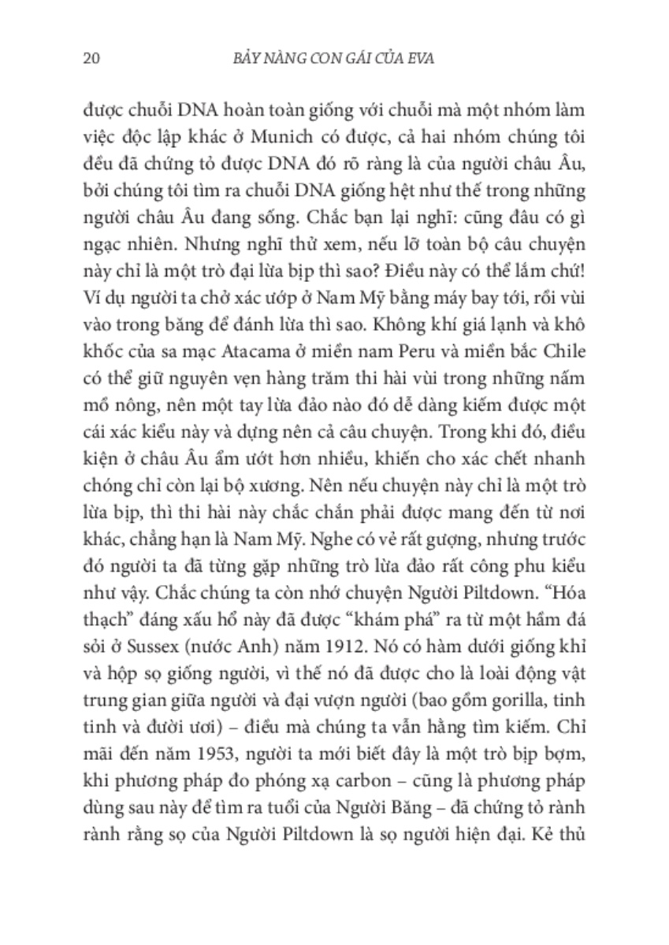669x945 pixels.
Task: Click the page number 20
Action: click(x=88, y=57)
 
